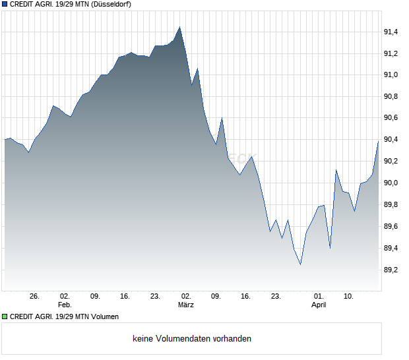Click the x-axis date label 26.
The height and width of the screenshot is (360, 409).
coord(35,296)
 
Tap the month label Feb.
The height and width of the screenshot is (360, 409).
coord(64,305)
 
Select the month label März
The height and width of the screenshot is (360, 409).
coord(186,305)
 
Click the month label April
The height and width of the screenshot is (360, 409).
coord(319,305)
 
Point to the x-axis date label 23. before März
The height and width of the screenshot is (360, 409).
coord(156,296)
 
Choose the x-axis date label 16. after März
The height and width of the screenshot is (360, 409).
coord(246,296)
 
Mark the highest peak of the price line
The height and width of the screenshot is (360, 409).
coord(179,27)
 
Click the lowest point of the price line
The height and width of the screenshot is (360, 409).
coord(300,264)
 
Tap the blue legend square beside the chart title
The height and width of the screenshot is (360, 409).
coord(5,4)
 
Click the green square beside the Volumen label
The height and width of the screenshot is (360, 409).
coord(5,316)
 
